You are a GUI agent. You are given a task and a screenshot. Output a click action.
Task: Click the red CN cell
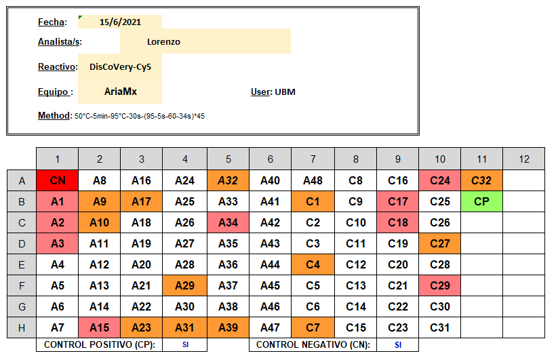point(57,180)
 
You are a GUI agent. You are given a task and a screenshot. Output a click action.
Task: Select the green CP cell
point(481,201)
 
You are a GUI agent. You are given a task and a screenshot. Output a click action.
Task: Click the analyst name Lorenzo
point(163,41)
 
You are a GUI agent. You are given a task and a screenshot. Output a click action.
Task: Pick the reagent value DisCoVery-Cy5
point(121,66)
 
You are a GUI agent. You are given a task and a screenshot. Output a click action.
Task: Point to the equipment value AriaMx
point(121,92)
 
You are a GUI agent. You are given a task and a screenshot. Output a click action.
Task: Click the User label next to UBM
point(261,92)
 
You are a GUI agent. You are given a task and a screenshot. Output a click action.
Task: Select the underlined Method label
point(54,116)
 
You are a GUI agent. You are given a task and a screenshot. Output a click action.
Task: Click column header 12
point(523,159)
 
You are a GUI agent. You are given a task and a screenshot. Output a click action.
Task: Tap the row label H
point(22,327)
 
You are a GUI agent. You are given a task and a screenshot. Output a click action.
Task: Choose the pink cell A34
point(228,222)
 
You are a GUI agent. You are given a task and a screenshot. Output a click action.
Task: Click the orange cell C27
point(439,243)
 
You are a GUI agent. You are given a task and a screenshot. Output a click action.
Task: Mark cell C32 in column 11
point(481,180)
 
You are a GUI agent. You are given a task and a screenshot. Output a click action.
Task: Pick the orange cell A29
point(184,285)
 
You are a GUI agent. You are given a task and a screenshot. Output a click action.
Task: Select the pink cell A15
point(99,327)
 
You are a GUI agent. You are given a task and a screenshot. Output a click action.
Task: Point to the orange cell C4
point(313,264)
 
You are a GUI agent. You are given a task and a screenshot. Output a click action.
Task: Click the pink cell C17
point(397,201)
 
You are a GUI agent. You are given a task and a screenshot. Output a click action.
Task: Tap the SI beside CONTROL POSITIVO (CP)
point(184,344)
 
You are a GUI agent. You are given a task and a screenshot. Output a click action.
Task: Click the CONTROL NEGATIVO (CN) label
point(312,344)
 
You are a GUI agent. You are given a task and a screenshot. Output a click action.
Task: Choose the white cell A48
point(313,180)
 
